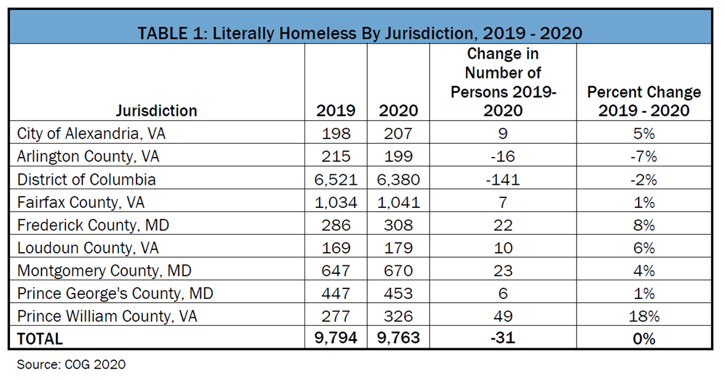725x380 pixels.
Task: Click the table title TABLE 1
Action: (360, 32)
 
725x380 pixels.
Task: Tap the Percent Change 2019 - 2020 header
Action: (643, 101)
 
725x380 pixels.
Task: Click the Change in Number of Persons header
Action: (503, 82)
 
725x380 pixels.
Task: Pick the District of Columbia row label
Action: (86, 179)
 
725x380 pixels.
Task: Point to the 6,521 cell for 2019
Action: (336, 179)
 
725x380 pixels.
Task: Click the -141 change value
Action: (503, 179)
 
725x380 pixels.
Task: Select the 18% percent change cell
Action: (643, 316)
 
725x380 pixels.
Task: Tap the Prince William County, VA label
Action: (107, 316)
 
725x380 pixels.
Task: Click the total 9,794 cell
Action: (336, 339)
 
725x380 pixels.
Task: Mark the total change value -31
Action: (503, 339)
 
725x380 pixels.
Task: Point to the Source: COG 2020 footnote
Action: (71, 364)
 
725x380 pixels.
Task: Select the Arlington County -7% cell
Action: (643, 156)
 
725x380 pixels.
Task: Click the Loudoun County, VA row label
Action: (88, 248)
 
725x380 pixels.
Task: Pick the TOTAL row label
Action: (40, 339)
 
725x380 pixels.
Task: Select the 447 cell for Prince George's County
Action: (336, 294)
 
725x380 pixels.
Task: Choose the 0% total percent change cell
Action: (643, 339)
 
